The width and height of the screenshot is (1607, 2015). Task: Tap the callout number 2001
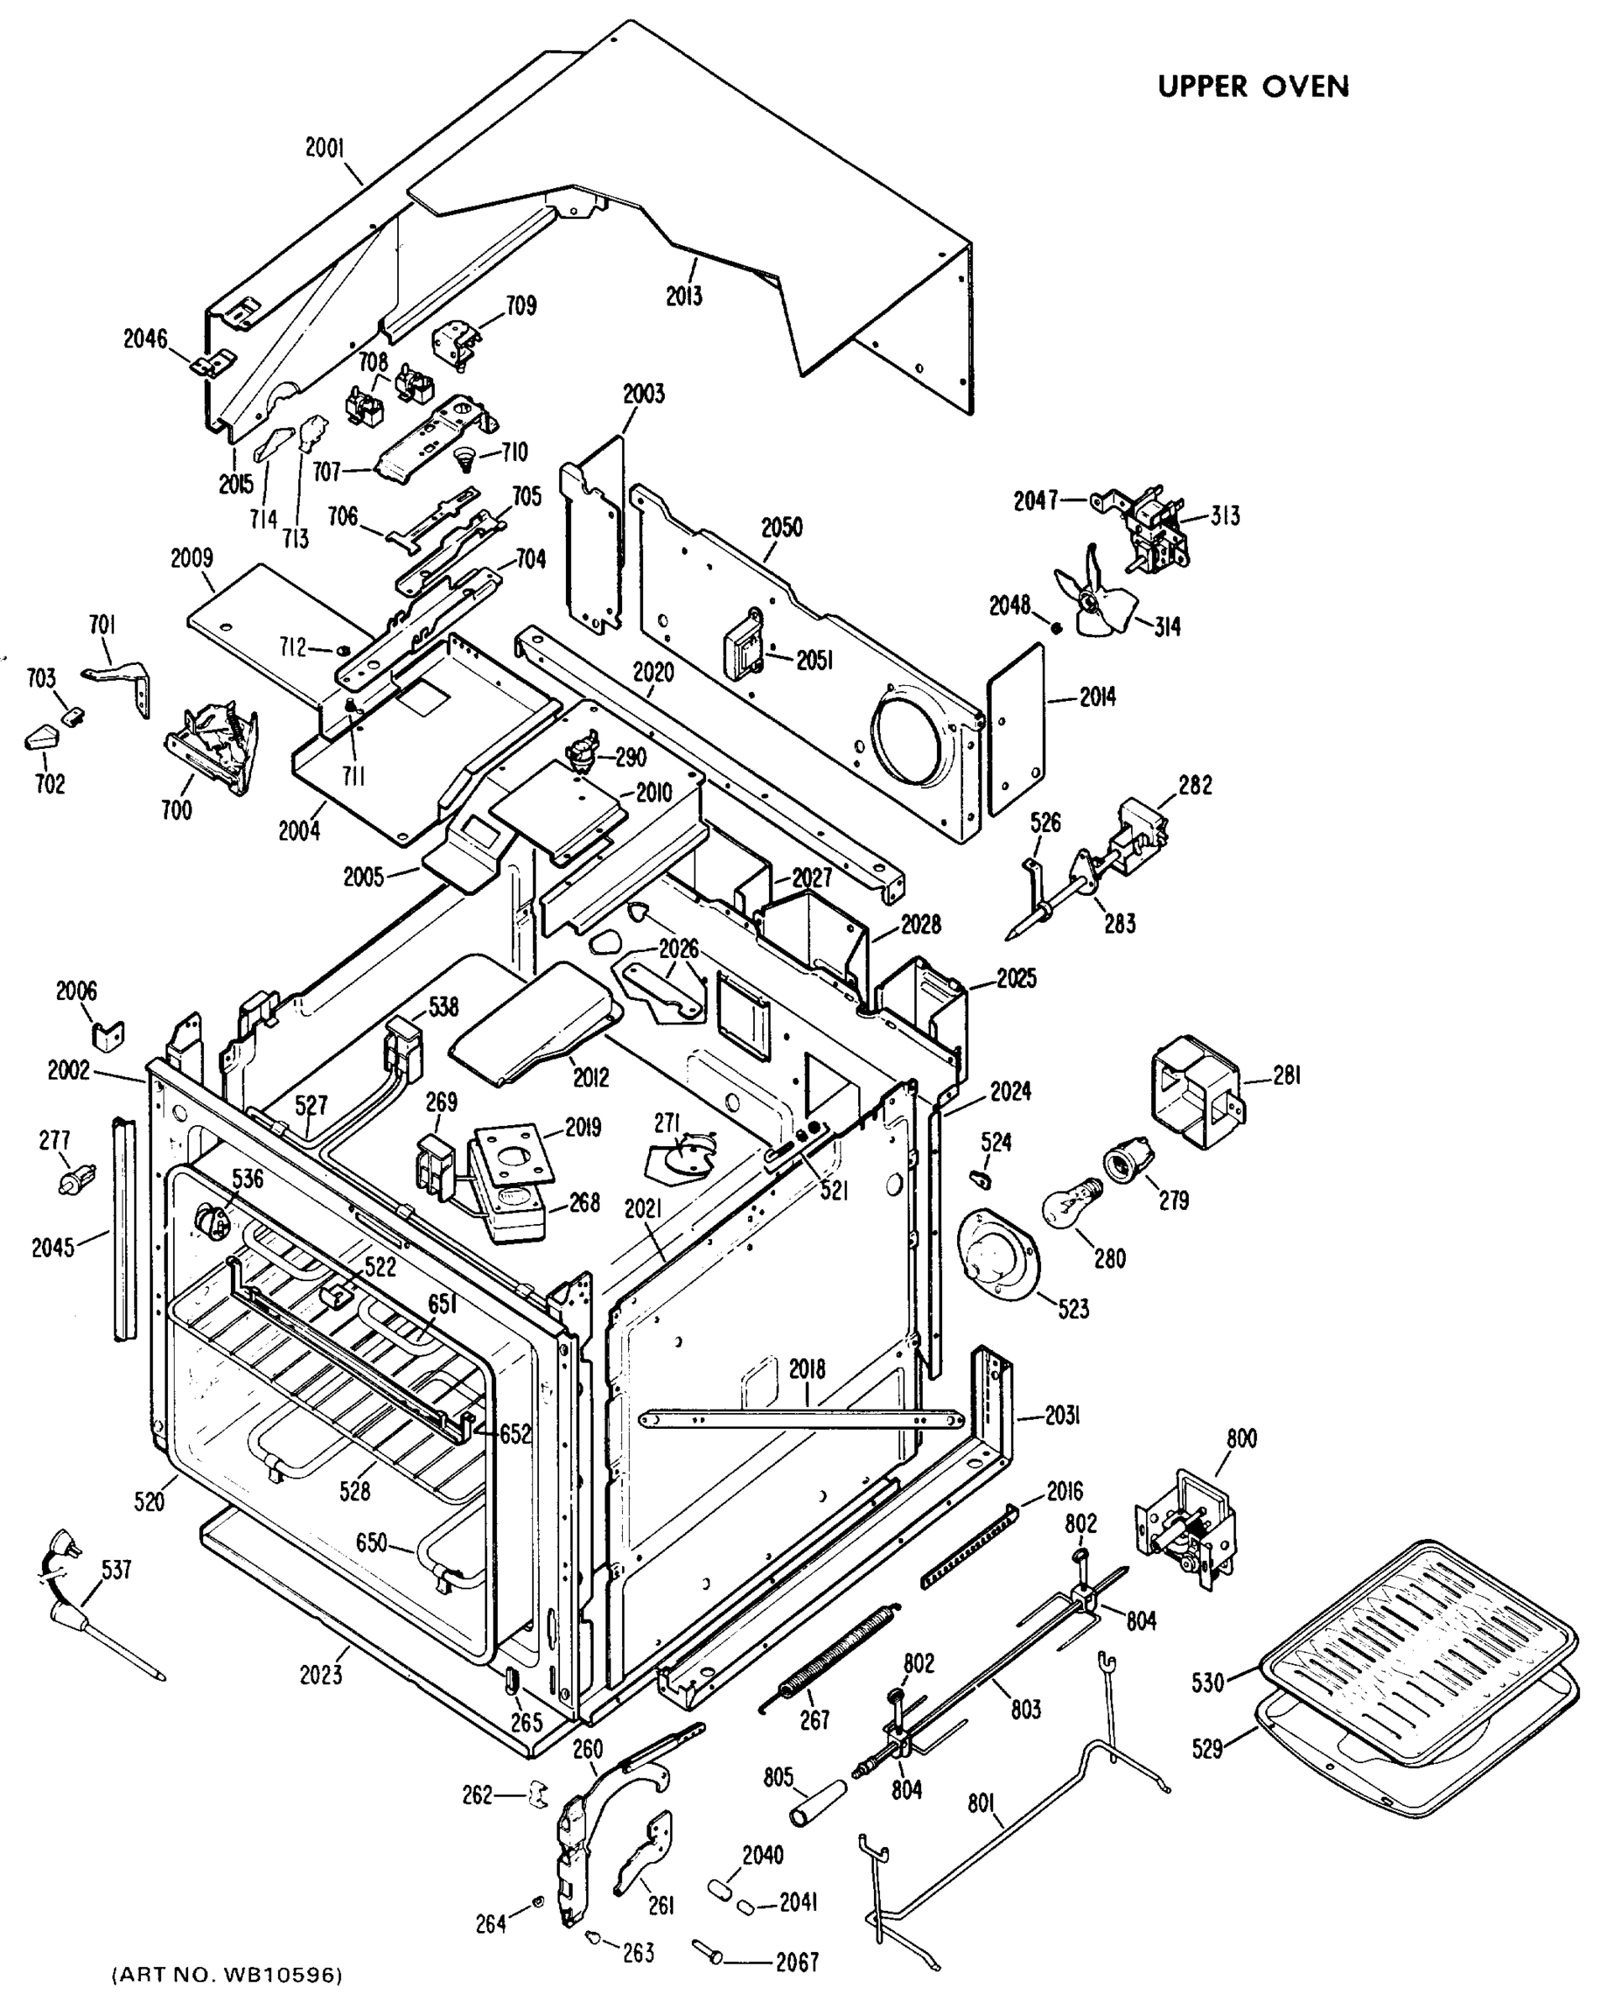tap(324, 148)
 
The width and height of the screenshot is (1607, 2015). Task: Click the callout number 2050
tap(781, 527)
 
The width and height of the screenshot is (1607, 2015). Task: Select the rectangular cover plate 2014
tap(1016, 728)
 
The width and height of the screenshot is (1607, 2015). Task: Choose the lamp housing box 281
tap(1196, 1091)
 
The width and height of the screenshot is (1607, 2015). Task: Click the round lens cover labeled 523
tap(996, 1254)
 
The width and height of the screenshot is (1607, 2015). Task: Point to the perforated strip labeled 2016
tap(970, 1547)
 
